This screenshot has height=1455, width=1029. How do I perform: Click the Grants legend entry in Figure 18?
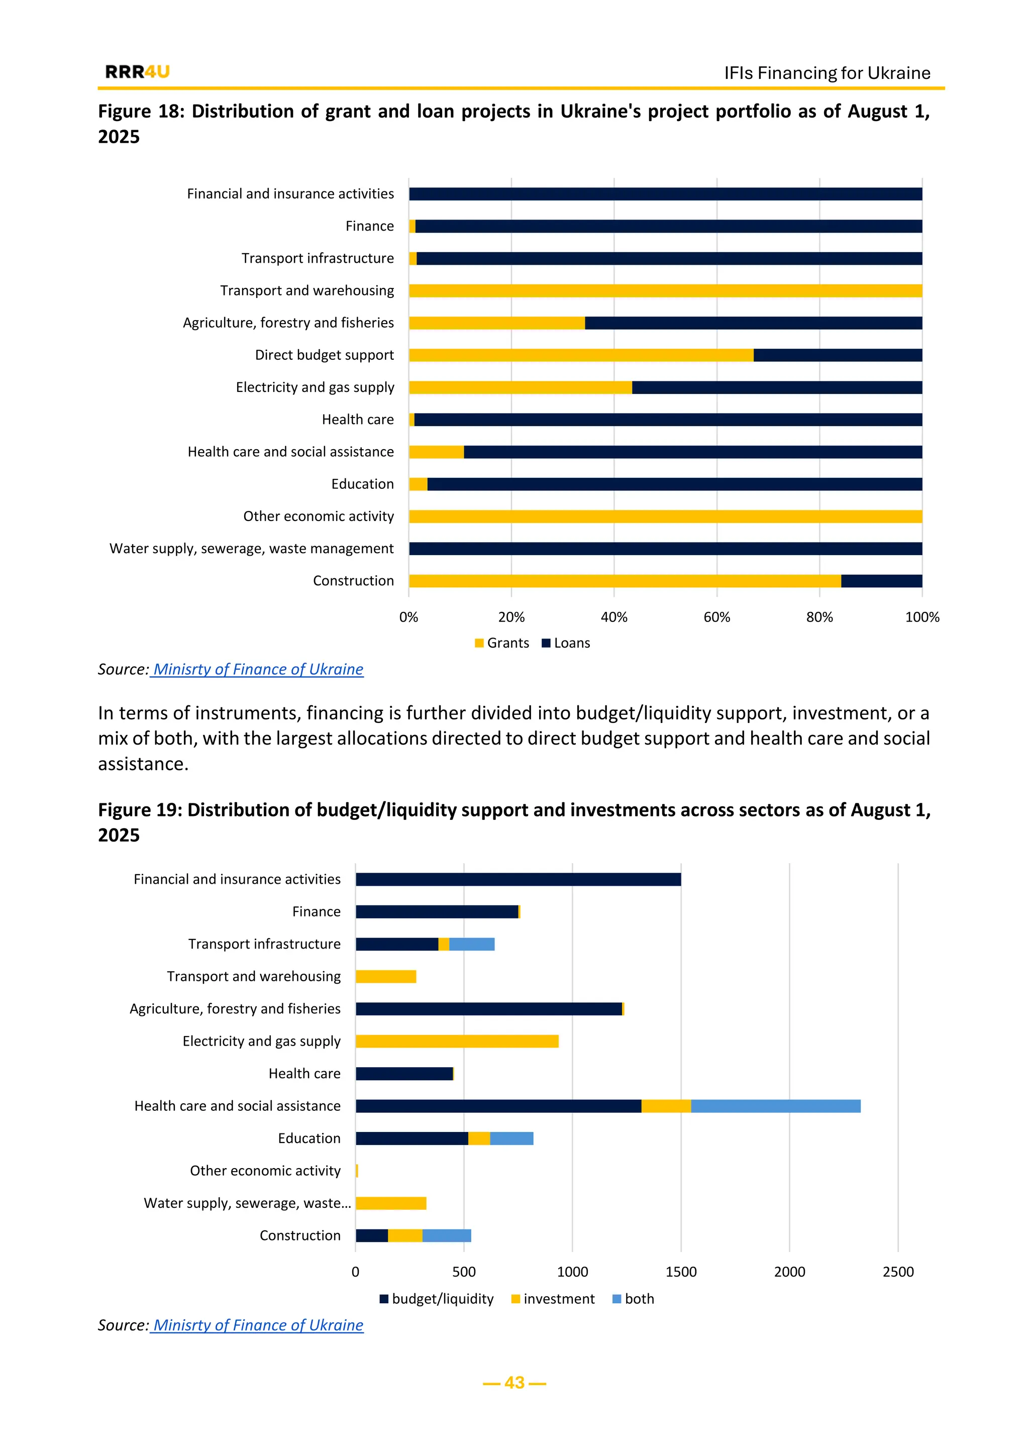pos(502,643)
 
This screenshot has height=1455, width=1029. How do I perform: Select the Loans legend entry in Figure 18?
pos(566,643)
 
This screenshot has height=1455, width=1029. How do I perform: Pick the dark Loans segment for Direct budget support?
pos(837,355)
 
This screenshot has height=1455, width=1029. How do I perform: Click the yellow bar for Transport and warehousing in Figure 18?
pos(665,290)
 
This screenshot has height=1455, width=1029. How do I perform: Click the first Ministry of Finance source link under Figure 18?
pos(257,669)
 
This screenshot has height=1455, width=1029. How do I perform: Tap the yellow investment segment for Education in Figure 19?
pos(478,1138)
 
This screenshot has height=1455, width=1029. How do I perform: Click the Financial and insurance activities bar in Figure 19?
pos(518,879)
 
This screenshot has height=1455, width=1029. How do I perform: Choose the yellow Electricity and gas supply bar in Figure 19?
pos(456,1041)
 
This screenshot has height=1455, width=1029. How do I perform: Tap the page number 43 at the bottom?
pos(514,1382)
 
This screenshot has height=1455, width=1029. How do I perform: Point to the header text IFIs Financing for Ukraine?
pos(827,73)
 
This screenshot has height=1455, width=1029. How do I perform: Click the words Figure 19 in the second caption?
pos(139,810)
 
